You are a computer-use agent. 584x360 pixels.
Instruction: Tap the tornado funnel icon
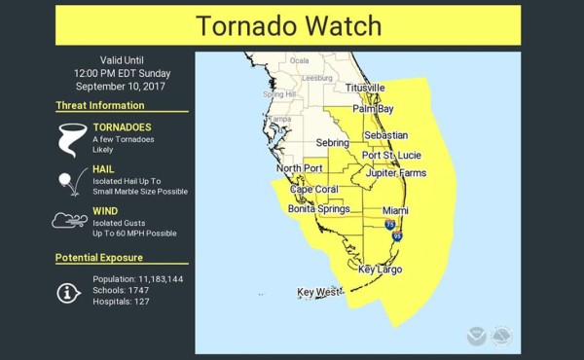[x=70, y=138]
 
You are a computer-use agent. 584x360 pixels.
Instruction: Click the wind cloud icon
[x=69, y=221]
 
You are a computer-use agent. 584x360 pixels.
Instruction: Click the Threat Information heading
[x=100, y=105]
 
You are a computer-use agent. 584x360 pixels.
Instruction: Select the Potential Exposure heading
[x=99, y=258]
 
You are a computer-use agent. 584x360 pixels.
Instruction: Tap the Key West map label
[x=319, y=292]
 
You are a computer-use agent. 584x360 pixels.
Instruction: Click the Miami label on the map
[x=395, y=210]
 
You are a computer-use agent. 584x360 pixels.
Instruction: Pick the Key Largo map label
[x=381, y=270]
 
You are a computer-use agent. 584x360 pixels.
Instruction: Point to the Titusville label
[x=364, y=88]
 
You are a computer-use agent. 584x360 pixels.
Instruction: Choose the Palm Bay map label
[x=373, y=109]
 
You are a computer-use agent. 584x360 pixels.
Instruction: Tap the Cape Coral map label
[x=313, y=189]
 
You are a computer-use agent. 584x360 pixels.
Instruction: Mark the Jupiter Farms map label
[x=396, y=173]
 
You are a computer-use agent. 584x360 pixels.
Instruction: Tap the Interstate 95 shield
[x=397, y=235]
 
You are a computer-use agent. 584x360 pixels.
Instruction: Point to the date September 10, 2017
[x=122, y=86]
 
